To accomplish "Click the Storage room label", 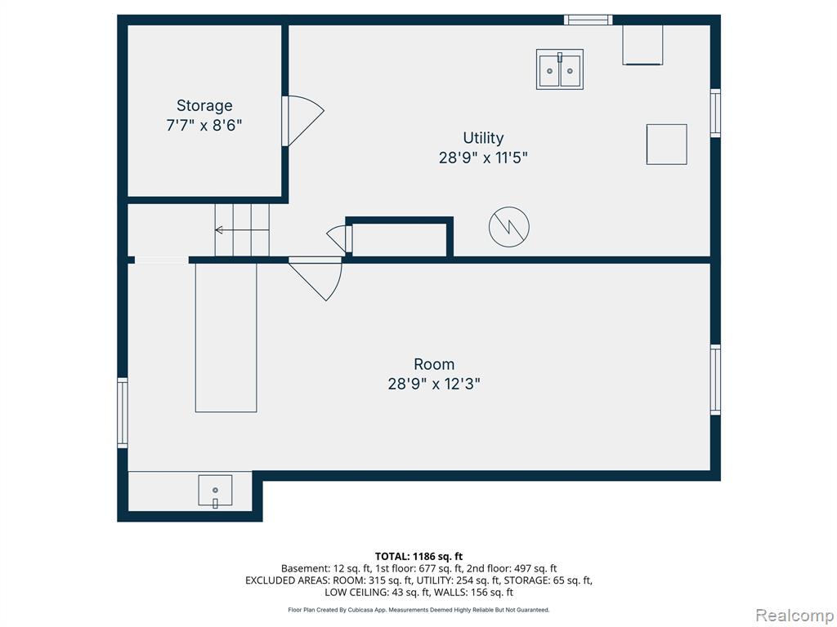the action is tap(204, 105).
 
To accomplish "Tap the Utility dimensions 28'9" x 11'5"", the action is tap(483, 158).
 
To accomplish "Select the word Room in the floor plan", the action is tap(434, 364).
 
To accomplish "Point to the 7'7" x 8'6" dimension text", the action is tap(204, 126).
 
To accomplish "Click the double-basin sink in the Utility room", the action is tap(559, 69).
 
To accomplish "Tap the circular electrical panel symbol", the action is tap(509, 227).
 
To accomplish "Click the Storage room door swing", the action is tap(302, 121).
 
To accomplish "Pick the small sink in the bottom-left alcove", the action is tap(215, 491).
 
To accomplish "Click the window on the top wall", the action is tap(589, 20).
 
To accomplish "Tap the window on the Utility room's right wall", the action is tap(715, 113).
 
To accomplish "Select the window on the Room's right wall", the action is tap(715, 380).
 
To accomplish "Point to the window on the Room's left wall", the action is tap(123, 412).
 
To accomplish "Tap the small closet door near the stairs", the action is tap(339, 238).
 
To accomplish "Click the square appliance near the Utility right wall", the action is tap(667, 145).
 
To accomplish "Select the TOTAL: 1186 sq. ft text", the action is tap(418, 557).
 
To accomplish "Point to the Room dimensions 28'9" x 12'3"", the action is tap(434, 384).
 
